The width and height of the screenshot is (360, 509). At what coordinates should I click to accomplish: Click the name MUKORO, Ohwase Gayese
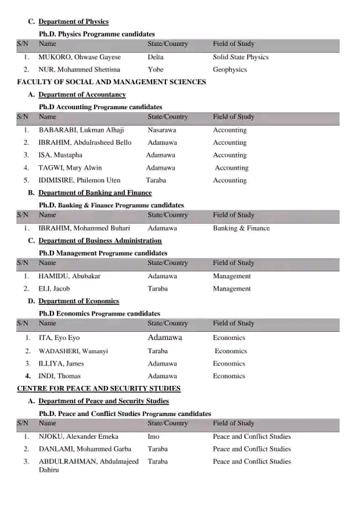click(80, 57)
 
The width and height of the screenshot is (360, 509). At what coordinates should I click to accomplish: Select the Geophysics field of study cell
click(229, 69)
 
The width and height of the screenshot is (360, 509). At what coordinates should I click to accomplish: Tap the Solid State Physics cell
click(240, 57)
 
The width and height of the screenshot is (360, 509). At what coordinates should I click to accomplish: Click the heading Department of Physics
click(73, 21)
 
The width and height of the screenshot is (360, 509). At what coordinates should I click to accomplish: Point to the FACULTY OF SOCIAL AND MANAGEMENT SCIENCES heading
click(111, 82)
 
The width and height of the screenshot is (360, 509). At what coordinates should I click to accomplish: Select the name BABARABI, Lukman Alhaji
click(81, 130)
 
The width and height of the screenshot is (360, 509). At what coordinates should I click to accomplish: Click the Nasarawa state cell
click(162, 130)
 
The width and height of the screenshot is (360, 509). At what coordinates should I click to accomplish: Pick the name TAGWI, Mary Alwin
click(70, 168)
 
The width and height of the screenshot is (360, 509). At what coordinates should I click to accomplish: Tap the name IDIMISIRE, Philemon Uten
click(79, 180)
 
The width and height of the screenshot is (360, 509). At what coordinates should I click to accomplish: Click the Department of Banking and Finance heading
click(95, 193)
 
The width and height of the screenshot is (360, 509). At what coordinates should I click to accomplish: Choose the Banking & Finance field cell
click(241, 228)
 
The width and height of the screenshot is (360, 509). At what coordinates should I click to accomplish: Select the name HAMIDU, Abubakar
click(69, 276)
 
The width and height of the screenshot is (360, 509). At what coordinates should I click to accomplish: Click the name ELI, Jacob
click(54, 288)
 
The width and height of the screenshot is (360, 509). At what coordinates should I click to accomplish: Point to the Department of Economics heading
click(78, 301)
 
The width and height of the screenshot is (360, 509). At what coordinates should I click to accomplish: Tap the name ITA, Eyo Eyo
click(59, 338)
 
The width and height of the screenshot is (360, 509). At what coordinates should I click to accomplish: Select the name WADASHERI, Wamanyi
click(73, 351)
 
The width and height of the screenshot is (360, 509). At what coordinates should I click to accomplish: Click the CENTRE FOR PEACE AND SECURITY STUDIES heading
click(99, 388)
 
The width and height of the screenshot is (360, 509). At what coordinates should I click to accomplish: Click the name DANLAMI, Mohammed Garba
click(85, 449)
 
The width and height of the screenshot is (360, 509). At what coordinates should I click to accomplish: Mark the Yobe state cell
click(155, 69)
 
